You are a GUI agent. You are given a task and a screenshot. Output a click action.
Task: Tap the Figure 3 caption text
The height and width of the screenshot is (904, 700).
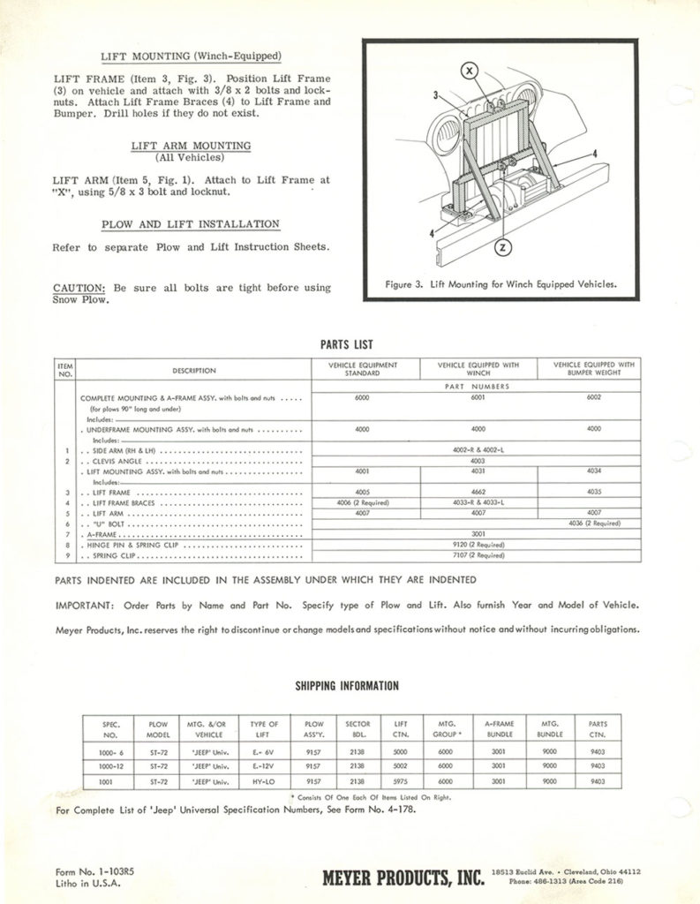[501, 284]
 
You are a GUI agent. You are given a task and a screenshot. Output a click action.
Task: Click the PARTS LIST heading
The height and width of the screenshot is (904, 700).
[349, 343]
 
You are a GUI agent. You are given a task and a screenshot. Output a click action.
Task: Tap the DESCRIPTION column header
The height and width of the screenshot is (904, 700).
[193, 370]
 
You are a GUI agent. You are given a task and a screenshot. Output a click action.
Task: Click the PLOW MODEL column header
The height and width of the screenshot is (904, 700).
[159, 728]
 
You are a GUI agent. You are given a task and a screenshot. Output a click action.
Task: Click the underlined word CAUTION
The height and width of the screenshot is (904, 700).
[80, 287]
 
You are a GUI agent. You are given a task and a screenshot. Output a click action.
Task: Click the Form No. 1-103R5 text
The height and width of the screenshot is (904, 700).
[95, 870]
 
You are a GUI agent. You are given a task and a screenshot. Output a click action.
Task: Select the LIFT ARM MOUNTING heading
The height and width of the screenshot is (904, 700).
[190, 146]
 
